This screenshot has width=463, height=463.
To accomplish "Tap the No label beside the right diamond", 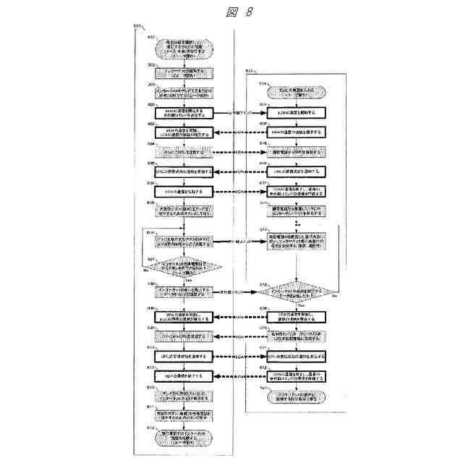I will point(334,297).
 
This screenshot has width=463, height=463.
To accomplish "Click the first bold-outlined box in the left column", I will point(184,114).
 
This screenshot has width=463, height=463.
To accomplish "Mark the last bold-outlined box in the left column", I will point(184,378).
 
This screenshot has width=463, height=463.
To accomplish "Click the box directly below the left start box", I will point(184,74).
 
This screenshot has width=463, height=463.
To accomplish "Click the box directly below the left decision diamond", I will point(184,294).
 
